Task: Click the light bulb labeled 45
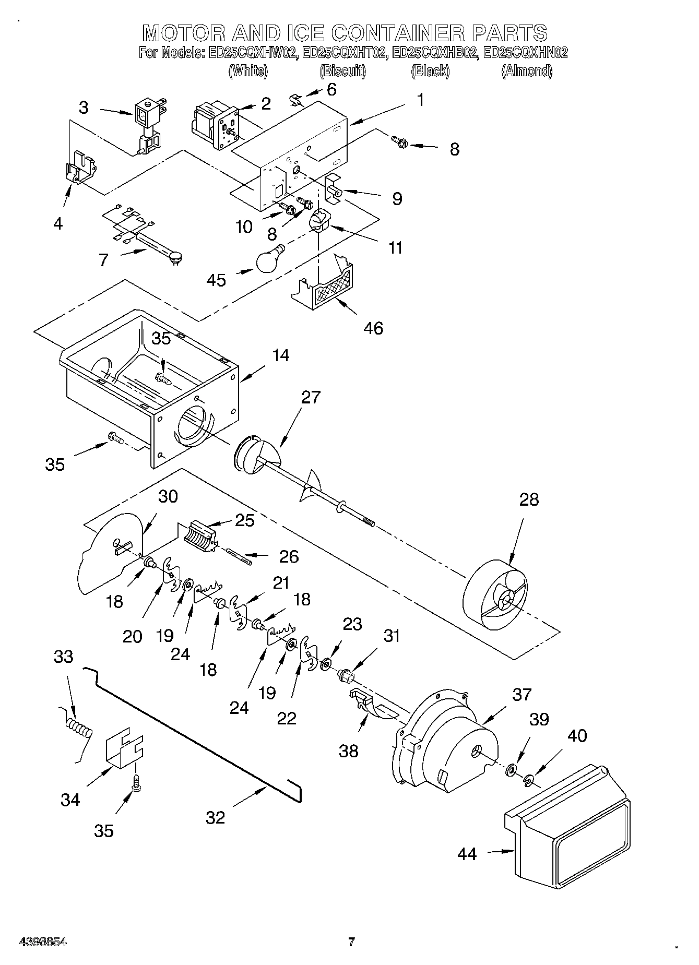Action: [x=270, y=259]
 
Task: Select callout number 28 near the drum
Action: [x=529, y=499]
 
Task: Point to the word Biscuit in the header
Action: [x=342, y=71]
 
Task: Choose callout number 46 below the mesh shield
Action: [x=374, y=328]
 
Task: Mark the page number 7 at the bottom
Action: [x=351, y=942]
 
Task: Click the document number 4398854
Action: [x=43, y=942]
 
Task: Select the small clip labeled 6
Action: [x=296, y=99]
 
